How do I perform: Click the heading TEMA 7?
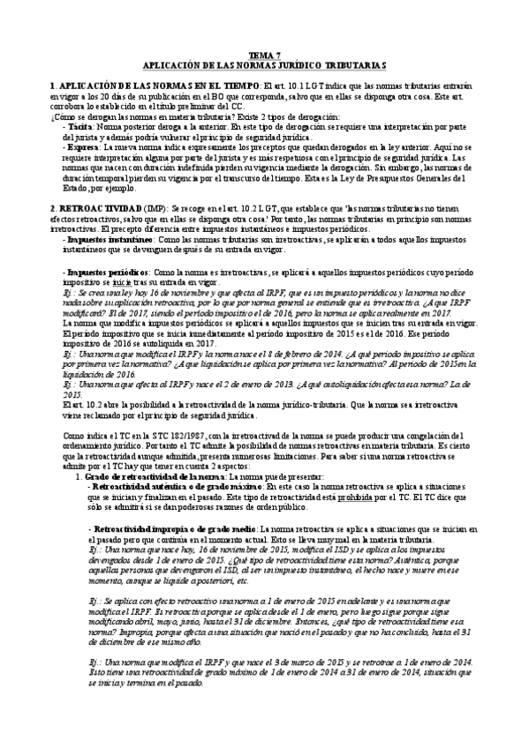click(x=265, y=55)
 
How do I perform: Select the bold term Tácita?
click(x=80, y=127)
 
